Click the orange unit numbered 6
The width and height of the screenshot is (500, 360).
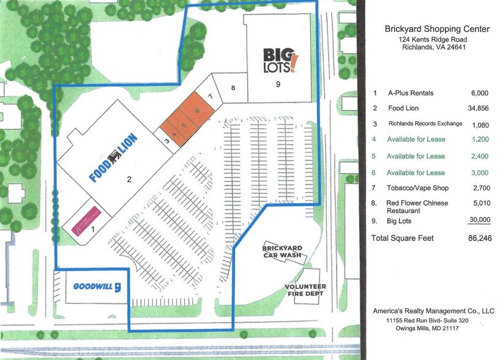coord(197,110)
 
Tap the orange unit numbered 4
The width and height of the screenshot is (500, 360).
coord(174,134)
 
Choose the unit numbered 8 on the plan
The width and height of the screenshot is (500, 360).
coord(233,88)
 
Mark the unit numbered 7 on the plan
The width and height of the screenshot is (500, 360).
coord(210,96)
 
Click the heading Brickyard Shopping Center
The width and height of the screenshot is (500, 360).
coord(437,29)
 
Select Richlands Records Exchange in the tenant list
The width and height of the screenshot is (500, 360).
coord(425,124)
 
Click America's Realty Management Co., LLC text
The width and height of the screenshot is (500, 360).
coord(433,311)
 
